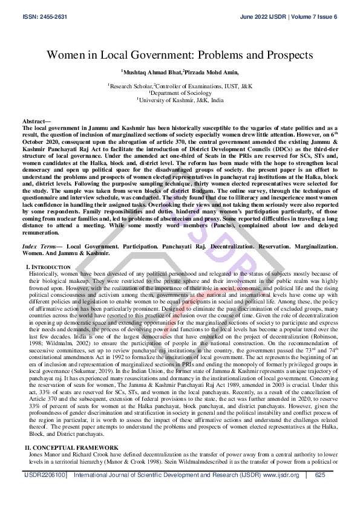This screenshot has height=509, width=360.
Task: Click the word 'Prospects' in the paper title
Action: [284, 55]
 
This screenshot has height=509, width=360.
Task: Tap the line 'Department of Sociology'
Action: [180, 93]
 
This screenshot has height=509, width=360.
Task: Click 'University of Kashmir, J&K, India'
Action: [180, 100]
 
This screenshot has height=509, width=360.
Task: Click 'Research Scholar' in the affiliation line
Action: [131, 87]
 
